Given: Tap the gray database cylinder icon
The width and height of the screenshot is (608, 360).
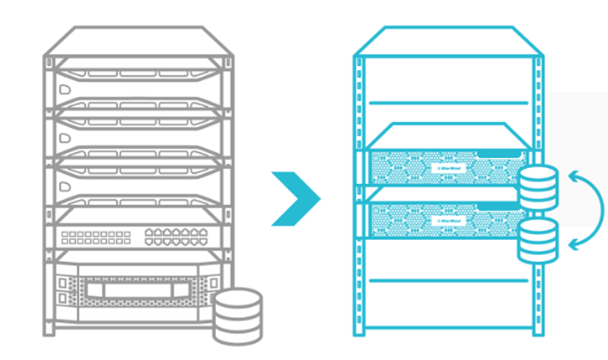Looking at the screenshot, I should point(237,316).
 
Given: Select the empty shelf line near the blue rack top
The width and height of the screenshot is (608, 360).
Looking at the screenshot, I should point(448,104).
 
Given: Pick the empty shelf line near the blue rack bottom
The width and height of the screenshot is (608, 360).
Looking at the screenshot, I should point(448,280).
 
